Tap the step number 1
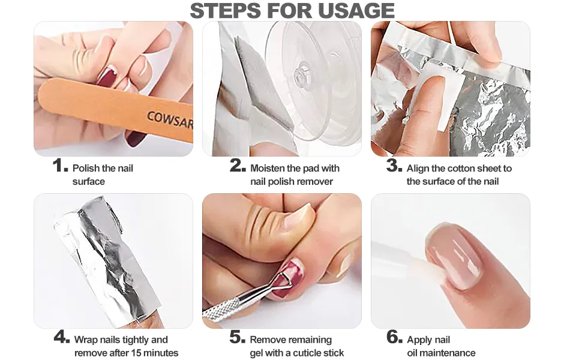click(x=60, y=165)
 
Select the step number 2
click(x=238, y=165)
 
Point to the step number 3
click(x=394, y=165)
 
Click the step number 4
click(x=62, y=337)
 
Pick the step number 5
click(x=238, y=337)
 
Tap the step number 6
click(x=394, y=337)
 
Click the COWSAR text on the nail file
click(x=170, y=120)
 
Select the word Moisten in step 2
click(x=268, y=168)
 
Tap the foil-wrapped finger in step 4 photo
click(x=107, y=260)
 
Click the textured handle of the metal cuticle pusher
click(x=221, y=307)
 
